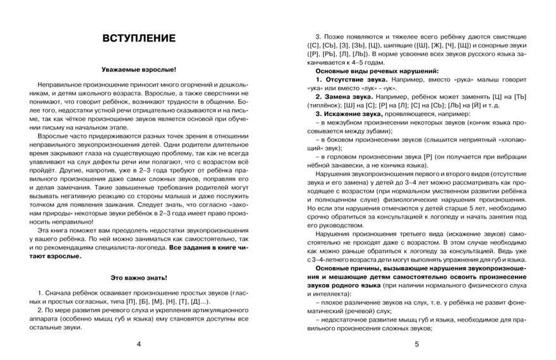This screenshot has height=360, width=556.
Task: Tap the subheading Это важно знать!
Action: pyautogui.click(x=138, y=278)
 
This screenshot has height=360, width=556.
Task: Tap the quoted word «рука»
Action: pyautogui.click(x=457, y=82)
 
